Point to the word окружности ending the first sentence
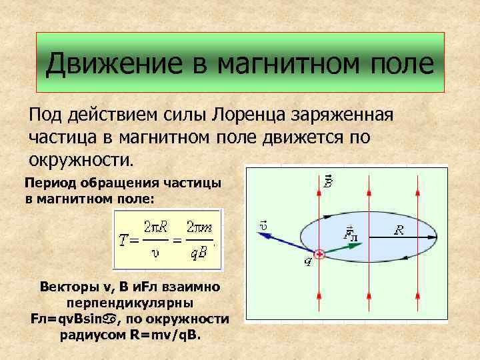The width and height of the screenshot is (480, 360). click(81, 160)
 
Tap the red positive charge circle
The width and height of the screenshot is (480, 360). click(319, 254)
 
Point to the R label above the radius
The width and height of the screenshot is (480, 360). click(399, 229)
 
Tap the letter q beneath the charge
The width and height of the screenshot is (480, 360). click(308, 262)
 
